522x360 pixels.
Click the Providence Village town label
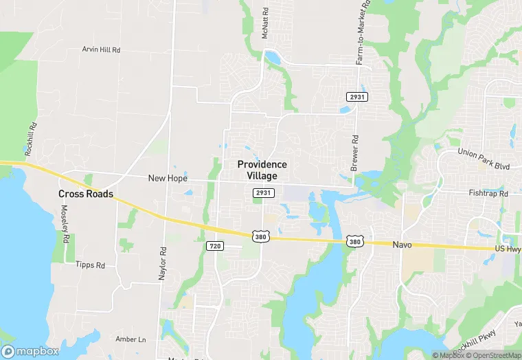(262, 170)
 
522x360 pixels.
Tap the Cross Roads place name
(86, 194)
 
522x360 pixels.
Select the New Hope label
(168, 178)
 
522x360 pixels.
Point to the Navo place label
(401, 245)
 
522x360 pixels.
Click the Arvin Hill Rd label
(101, 49)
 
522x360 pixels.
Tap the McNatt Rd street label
(264, 23)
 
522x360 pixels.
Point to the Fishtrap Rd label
(488, 194)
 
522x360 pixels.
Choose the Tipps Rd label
(91, 265)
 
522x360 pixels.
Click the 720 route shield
(214, 245)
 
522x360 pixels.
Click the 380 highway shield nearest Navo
(354, 241)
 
